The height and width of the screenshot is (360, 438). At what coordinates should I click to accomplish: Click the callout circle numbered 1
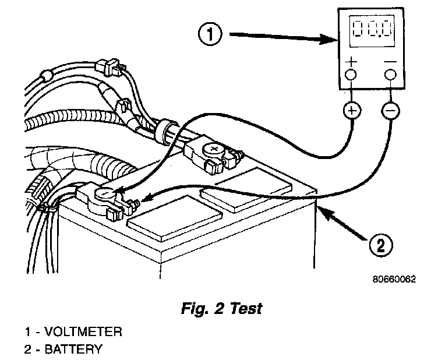[x=210, y=34]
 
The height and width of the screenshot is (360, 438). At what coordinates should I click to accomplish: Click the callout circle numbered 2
[x=381, y=245]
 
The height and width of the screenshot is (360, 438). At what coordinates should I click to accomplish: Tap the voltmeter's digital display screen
[x=372, y=31]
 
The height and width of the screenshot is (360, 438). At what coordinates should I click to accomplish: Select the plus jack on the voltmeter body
[x=351, y=75]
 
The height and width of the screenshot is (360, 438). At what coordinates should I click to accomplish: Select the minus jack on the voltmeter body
[x=390, y=75]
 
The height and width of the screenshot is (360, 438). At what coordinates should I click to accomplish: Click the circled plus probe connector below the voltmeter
[x=352, y=110]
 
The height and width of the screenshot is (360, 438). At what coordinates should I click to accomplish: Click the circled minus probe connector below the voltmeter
[x=390, y=111]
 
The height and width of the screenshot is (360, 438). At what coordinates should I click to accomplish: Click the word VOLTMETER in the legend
[x=83, y=331]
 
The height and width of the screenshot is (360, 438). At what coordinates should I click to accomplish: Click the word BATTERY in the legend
[x=73, y=349]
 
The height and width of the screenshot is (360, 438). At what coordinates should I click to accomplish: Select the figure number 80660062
[x=394, y=278]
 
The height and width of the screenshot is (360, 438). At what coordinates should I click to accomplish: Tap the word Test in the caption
[x=246, y=308]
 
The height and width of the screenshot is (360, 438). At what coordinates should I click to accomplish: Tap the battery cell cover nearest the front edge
[x=175, y=218]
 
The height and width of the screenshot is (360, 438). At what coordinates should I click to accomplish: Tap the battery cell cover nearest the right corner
[x=246, y=189]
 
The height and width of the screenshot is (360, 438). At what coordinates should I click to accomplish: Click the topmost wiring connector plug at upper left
[x=111, y=68]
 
